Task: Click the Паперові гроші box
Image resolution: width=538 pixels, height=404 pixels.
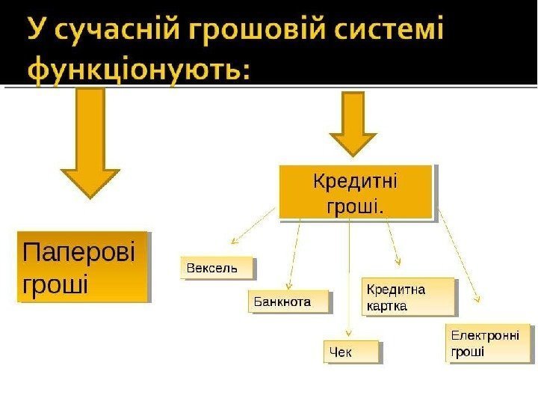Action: point(82,266)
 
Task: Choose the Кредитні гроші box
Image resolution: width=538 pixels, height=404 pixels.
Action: point(355,192)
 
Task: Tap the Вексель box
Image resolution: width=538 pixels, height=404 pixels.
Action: point(217,268)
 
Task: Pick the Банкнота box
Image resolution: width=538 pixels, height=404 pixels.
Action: point(288,302)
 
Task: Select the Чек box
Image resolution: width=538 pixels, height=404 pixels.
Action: point(351,352)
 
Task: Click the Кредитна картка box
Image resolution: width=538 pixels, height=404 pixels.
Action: point(409,297)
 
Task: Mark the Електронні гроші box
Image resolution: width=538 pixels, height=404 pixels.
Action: point(487,343)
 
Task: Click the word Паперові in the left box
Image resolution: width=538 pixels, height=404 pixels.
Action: point(80,251)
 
